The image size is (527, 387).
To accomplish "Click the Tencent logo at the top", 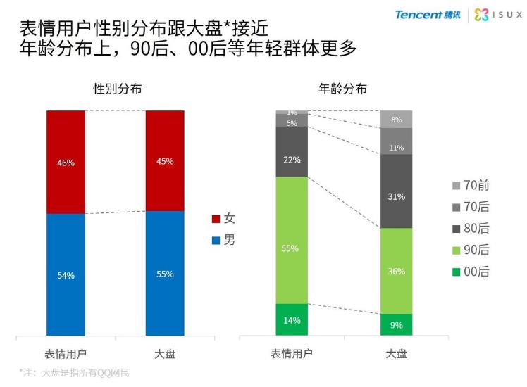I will [x=428, y=15].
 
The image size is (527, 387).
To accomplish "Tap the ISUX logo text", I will [x=500, y=15].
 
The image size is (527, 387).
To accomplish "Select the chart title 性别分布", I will [x=117, y=89].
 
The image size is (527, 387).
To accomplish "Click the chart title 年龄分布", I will [x=342, y=89].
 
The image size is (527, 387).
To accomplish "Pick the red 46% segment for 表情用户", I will [x=66, y=162].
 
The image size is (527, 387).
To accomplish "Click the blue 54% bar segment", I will [x=66, y=274].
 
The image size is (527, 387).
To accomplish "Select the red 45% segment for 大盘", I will [x=165, y=160].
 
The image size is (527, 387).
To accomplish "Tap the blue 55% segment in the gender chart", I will [x=165, y=274].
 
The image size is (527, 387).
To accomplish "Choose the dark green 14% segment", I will [x=292, y=320].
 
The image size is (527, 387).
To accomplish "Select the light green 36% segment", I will [x=396, y=270].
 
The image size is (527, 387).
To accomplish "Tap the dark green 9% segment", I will [x=396, y=324].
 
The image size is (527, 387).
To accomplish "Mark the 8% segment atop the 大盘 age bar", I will [x=396, y=119].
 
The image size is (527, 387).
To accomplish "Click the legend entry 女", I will [x=224, y=219].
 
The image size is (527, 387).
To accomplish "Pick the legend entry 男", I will [x=224, y=241].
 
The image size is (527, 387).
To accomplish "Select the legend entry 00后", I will [x=471, y=272].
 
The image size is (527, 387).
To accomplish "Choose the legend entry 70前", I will [x=471, y=186].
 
